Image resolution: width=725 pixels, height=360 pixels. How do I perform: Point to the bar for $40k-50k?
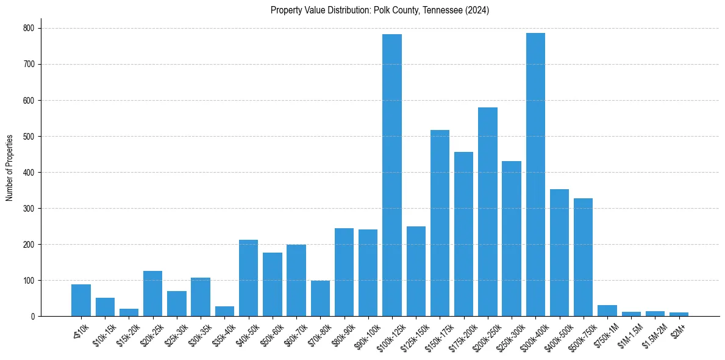click(x=248, y=278)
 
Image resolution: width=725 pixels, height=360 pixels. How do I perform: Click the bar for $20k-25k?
click(x=152, y=293)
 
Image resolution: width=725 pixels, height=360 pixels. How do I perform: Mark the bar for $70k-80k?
click(x=320, y=298)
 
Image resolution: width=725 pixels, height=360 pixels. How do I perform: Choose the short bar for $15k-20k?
click(x=129, y=312)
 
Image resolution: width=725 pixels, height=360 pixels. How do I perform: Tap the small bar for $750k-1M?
click(x=607, y=311)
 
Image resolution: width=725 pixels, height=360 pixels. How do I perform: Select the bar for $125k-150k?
click(x=416, y=272)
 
